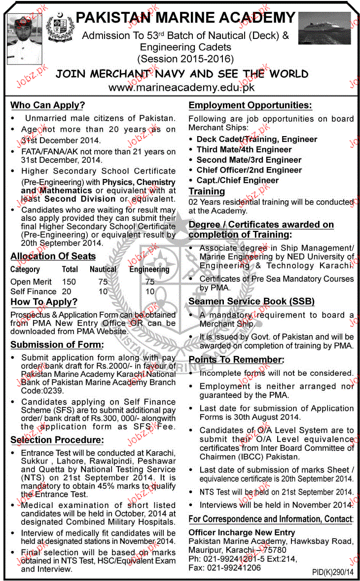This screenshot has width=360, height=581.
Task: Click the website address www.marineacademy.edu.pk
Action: pyautogui.click(x=181, y=88)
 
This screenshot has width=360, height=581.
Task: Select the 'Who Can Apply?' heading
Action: pyautogui.click(x=48, y=105)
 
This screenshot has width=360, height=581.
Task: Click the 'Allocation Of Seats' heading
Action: pyautogui.click(x=53, y=256)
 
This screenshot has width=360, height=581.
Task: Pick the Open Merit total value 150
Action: pyautogui.click(x=69, y=282)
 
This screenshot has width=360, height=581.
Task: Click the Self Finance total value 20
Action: pyautogui.click(x=66, y=291)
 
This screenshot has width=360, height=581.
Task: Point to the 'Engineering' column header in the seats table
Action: pyautogui.click(x=149, y=269)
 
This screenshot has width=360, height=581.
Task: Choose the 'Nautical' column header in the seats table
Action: pyautogui.click(x=103, y=269)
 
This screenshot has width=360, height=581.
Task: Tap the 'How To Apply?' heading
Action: pyautogui.click(x=44, y=302)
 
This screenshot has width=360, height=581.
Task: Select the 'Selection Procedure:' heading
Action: pyautogui.click(x=57, y=440)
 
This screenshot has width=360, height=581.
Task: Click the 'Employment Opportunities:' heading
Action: pyautogui.click(x=250, y=105)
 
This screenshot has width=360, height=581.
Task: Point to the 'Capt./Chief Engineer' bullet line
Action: pyautogui.click(x=238, y=180)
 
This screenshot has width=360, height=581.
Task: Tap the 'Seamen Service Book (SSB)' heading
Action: pyautogui.click(x=252, y=301)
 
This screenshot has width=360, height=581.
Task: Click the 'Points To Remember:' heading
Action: pyautogui.click(x=236, y=360)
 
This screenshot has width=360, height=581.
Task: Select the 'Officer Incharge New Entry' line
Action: pyautogui.click(x=242, y=532)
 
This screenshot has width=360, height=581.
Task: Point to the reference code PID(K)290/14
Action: pyautogui.click(x=332, y=572)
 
